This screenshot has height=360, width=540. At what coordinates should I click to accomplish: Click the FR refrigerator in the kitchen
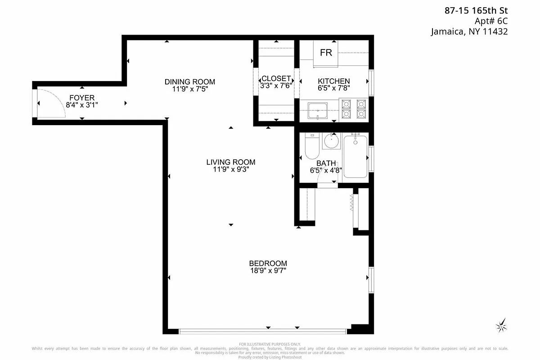click(326, 53)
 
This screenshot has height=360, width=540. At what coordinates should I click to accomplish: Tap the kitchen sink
click(318, 110)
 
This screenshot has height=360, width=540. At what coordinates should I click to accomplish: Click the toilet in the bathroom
click(311, 146)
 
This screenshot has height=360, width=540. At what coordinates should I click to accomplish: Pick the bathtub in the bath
click(355, 157)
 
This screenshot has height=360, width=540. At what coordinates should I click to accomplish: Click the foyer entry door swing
click(50, 103)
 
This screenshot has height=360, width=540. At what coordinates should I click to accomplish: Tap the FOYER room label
click(81, 98)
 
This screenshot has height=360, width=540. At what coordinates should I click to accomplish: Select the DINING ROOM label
click(189, 81)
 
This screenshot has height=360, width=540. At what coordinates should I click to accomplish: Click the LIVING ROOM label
click(230, 162)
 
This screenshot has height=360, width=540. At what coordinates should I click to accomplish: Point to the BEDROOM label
click(268, 263)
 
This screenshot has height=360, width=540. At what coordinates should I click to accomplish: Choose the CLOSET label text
click(276, 78)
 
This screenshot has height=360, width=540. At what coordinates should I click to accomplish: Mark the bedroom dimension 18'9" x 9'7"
click(268, 270)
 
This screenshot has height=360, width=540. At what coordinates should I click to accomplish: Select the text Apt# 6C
click(491, 21)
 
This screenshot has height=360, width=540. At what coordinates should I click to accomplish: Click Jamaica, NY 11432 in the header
click(469, 31)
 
